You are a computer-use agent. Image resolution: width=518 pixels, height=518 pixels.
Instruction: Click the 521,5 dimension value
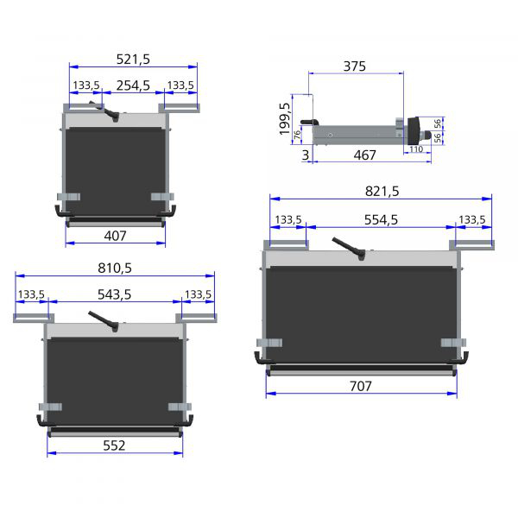click(x=133, y=60)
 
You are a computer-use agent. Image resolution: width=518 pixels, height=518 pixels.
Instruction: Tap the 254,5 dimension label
click(x=133, y=85)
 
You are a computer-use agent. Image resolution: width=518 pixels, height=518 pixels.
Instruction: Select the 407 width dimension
click(x=115, y=236)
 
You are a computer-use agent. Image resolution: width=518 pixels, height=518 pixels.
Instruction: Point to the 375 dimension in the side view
click(x=355, y=66)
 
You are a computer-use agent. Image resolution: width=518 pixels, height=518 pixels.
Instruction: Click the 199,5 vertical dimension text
click(x=284, y=119)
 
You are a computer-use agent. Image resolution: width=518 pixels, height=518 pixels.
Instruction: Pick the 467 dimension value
click(x=364, y=155)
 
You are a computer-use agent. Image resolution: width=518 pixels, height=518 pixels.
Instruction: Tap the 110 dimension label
click(x=416, y=149)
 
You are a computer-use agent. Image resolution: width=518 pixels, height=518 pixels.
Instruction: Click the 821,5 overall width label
click(x=382, y=192)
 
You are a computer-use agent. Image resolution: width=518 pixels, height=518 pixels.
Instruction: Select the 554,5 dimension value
click(x=381, y=219)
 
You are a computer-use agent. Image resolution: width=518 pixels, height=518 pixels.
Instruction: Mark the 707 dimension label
click(x=361, y=386)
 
